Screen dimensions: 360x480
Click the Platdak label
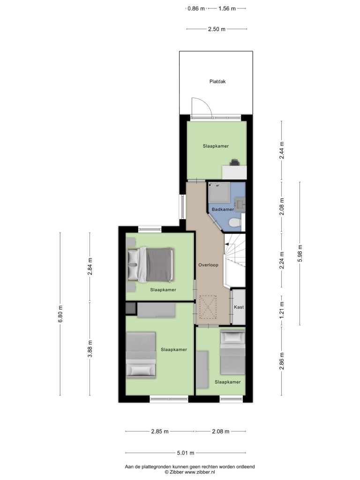pyautogui.click(x=217, y=82)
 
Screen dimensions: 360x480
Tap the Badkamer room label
pyautogui.click(x=223, y=210)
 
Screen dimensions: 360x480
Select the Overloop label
pyautogui.click(x=208, y=265)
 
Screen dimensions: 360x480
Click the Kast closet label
pyautogui.click(x=239, y=307)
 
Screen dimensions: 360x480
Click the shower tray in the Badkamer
pyautogui.click(x=218, y=192)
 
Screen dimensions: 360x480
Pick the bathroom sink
pyautogui.click(x=240, y=204)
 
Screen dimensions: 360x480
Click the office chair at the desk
pyautogui.click(x=234, y=162)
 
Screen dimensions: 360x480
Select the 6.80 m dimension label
pyautogui.click(x=60, y=314)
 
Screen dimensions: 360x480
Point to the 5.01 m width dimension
pyautogui.click(x=186, y=453)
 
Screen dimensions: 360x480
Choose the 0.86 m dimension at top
pyautogui.click(x=196, y=8)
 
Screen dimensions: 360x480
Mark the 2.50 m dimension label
pyautogui.click(x=217, y=29)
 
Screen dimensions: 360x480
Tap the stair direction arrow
pyautogui.click(x=228, y=244)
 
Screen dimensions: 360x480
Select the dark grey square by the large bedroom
pyautogui.click(x=130, y=308)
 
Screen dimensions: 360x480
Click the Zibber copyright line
pyautogui.click(x=190, y=472)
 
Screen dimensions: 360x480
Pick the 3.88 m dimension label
pyautogui.click(x=90, y=349)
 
